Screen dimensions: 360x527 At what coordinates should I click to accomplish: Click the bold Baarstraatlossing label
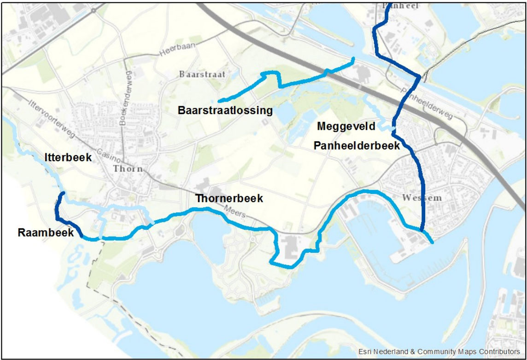(x=225, y=110)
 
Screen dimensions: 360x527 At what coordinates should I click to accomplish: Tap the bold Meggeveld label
(x=346, y=126)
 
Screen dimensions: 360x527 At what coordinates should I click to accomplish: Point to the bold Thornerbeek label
(x=229, y=198)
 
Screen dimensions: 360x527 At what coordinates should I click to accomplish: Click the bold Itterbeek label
(x=68, y=158)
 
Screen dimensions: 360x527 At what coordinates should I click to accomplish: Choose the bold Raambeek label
(x=46, y=232)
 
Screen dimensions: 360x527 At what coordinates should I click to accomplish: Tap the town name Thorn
(x=128, y=168)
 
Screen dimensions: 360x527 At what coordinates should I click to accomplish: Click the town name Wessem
(x=422, y=198)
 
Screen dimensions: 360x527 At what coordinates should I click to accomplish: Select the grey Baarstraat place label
(x=202, y=74)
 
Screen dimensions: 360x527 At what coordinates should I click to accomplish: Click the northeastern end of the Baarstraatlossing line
(x=353, y=58)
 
